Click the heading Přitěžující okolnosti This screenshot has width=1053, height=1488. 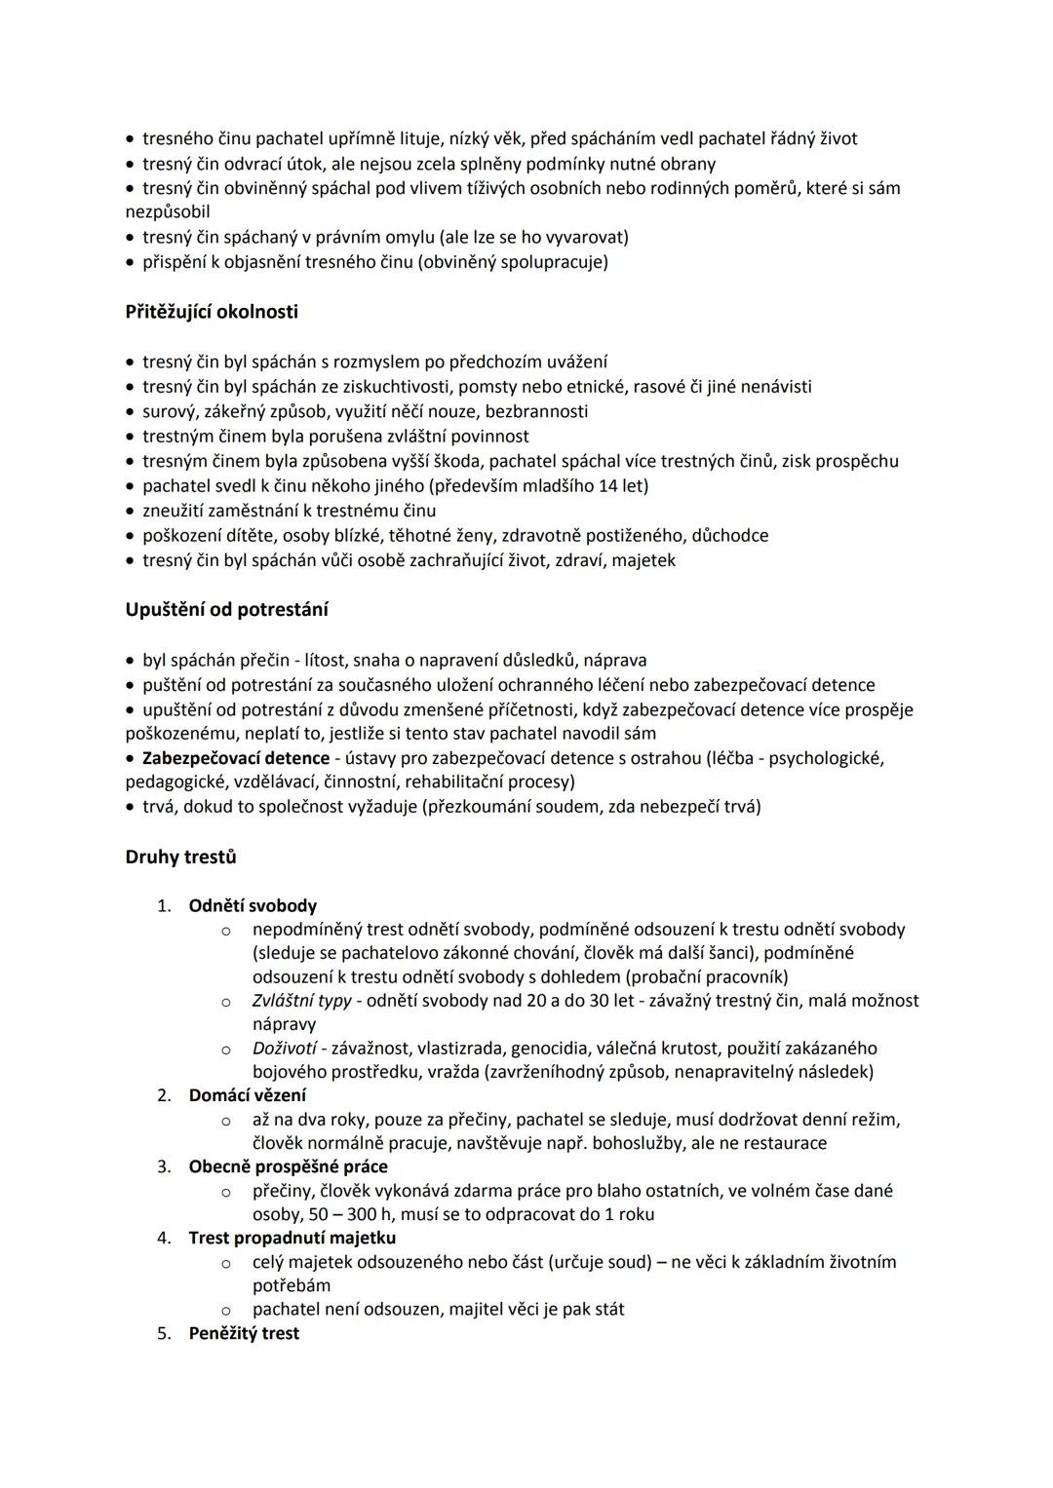click(x=212, y=312)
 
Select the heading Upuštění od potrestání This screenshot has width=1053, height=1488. click(x=226, y=610)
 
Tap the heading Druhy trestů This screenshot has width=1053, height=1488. click(x=180, y=858)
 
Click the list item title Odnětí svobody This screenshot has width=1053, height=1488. click(x=253, y=906)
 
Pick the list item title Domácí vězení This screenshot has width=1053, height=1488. click(x=247, y=1095)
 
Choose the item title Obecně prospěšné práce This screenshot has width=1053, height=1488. click(x=288, y=1166)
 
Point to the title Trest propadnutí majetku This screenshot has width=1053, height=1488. click(x=292, y=1238)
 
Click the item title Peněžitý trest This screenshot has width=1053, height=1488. click(x=244, y=1333)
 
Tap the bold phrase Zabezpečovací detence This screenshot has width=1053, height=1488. click(x=236, y=758)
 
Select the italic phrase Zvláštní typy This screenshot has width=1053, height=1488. click(x=301, y=1001)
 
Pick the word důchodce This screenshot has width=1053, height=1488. click(x=729, y=536)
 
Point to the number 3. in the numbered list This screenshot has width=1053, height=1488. click(x=164, y=1166)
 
